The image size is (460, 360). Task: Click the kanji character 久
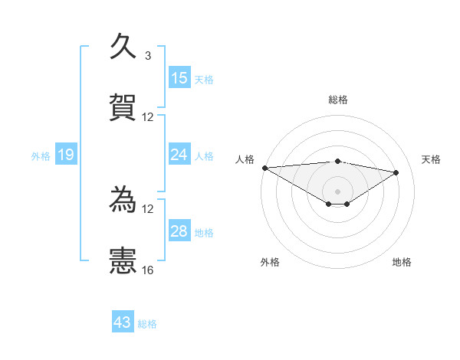pyautogui.click(x=123, y=46)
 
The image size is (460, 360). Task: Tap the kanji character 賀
pyautogui.click(x=123, y=108)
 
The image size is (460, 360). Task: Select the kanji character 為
pyautogui.click(x=123, y=200)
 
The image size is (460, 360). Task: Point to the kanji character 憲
pyautogui.click(x=123, y=260)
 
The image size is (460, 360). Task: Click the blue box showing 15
pyautogui.click(x=179, y=78)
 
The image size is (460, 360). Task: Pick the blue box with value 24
pyautogui.click(x=179, y=155)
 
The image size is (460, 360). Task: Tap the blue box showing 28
pyautogui.click(x=179, y=231)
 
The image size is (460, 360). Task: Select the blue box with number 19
pyautogui.click(x=65, y=155)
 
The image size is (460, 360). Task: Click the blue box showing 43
pyautogui.click(x=123, y=322)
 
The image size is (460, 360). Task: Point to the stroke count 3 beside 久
pyautogui.click(x=148, y=56)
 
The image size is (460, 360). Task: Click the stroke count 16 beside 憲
pyautogui.click(x=148, y=270)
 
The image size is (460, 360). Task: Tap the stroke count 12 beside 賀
pyautogui.click(x=148, y=117)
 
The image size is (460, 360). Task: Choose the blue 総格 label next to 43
pyautogui.click(x=147, y=324)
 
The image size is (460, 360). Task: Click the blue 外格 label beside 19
pyautogui.click(x=41, y=156)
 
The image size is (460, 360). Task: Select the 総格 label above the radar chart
pyautogui.click(x=338, y=100)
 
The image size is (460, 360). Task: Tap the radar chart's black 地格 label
pyautogui.click(x=402, y=262)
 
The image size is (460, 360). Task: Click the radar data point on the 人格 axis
pyautogui.click(x=264, y=167)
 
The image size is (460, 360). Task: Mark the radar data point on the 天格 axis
pyautogui.click(x=396, y=172)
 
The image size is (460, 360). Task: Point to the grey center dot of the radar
pyautogui.click(x=338, y=191)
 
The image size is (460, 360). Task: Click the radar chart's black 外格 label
pyautogui.click(x=270, y=262)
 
